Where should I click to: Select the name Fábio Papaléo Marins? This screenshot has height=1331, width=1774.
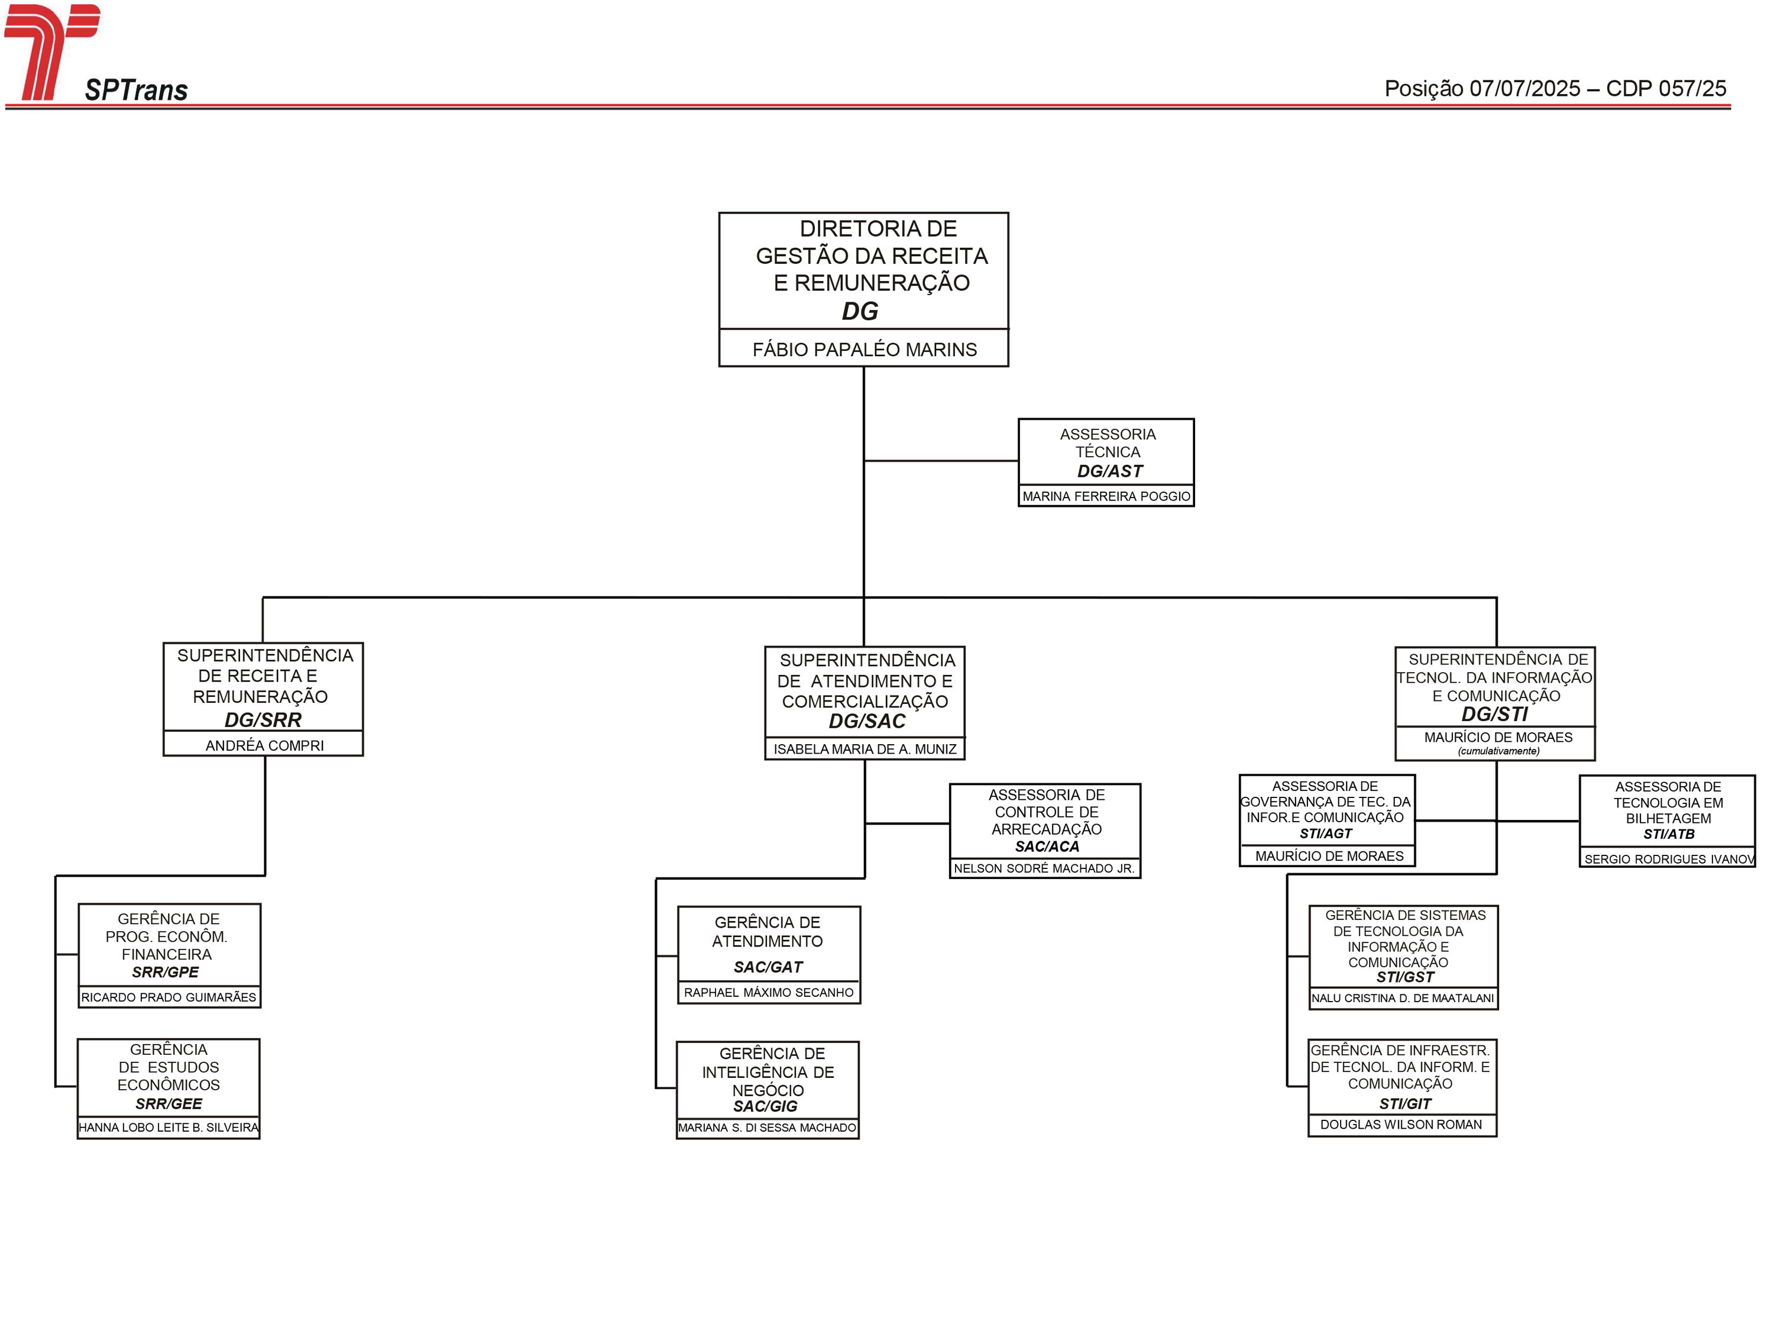[x=865, y=350]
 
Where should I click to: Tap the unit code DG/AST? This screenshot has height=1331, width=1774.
[x=1110, y=471]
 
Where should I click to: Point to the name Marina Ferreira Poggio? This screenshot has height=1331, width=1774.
[x=1106, y=497]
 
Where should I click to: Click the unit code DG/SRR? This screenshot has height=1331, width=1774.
[x=263, y=720]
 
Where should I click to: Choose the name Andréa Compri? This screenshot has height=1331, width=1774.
[x=265, y=745]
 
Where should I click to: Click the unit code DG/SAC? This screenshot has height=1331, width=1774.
[x=867, y=721]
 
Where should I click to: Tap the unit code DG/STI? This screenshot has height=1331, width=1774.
[x=1495, y=714]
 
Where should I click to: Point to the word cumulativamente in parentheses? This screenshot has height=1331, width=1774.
[x=1498, y=751]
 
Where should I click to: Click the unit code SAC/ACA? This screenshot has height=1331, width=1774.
[x=1047, y=847]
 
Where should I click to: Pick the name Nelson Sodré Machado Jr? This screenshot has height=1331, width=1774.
[x=1044, y=868]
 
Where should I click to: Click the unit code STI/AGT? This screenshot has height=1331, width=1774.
[x=1326, y=834]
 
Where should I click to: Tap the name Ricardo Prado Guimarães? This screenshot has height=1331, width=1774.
[x=169, y=997]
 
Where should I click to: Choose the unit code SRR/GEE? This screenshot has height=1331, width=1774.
[x=169, y=1104]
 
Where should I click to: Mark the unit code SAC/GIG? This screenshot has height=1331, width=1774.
[x=765, y=1106]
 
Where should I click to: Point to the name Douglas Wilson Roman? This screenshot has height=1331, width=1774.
[x=1401, y=1124]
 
